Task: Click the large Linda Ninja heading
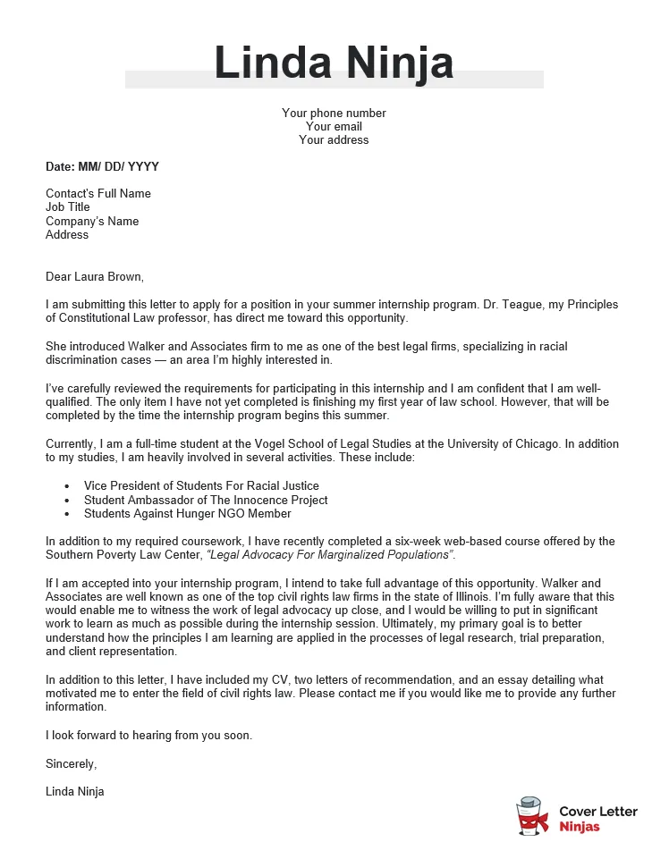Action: pyautogui.click(x=334, y=63)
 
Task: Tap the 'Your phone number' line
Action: pyautogui.click(x=334, y=114)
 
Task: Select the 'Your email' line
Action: pyautogui.click(x=334, y=127)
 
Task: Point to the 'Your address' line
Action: pyautogui.click(x=334, y=140)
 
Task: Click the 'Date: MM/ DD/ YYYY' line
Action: pyautogui.click(x=102, y=167)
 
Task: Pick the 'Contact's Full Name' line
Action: pyautogui.click(x=98, y=194)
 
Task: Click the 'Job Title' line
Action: pyautogui.click(x=68, y=207)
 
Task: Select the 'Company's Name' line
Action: pyautogui.click(x=92, y=222)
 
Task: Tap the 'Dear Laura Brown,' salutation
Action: pyautogui.click(x=94, y=276)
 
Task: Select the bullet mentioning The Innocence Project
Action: pyautogui.click(x=206, y=501)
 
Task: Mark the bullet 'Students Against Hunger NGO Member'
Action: pyautogui.click(x=187, y=514)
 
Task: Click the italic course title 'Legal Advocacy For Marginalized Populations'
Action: pyautogui.click(x=330, y=555)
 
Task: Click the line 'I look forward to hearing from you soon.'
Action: pyautogui.click(x=149, y=736)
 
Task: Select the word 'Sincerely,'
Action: pyautogui.click(x=71, y=763)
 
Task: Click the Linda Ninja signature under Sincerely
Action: pyautogui.click(x=75, y=791)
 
